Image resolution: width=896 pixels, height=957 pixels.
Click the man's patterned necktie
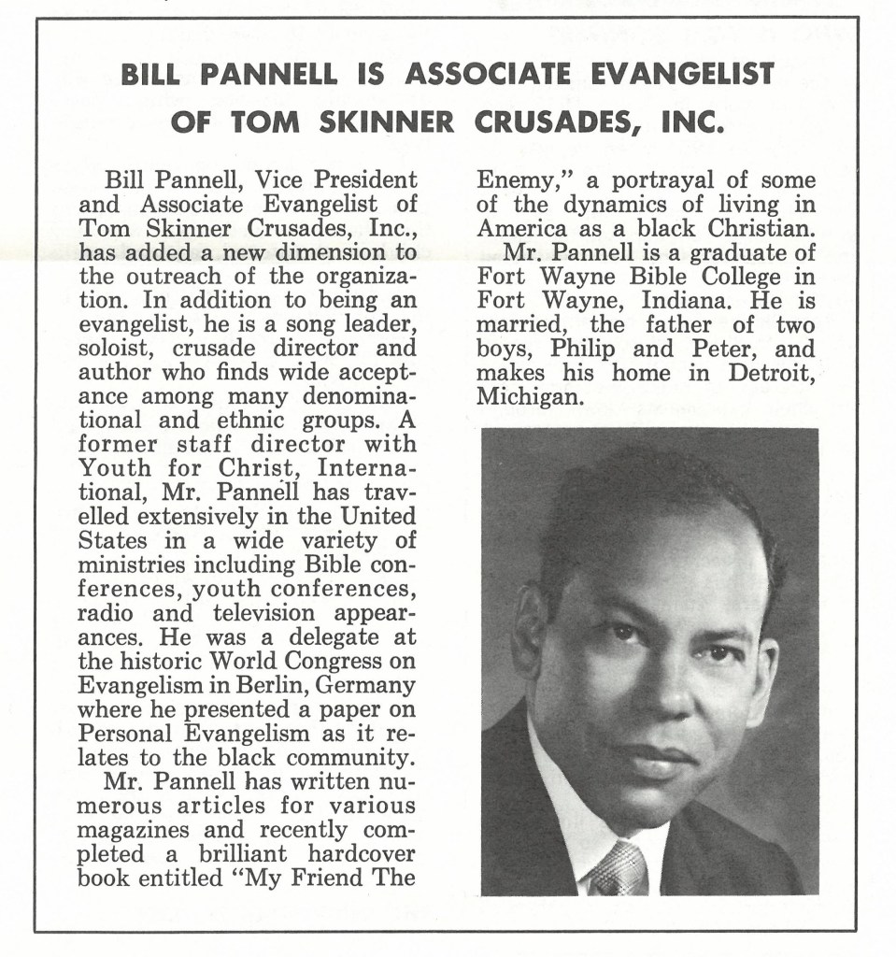pyautogui.click(x=618, y=869)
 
